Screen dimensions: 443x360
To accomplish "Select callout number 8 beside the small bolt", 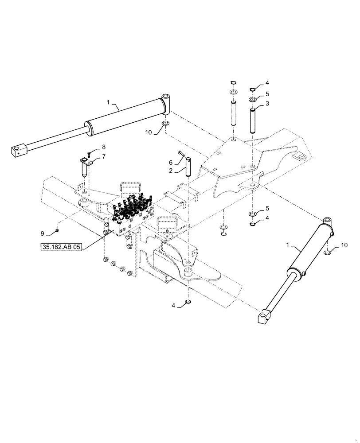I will point(104,147).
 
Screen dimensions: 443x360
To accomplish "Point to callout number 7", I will point(104,157).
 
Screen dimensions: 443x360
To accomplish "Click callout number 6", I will point(170,163).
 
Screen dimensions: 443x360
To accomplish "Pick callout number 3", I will point(267,103).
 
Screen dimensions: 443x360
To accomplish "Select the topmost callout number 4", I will point(267,83).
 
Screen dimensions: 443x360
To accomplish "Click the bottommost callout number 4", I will point(174,305).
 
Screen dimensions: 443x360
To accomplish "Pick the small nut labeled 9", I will point(58,230).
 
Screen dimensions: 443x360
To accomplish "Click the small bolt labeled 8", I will point(89,154).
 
